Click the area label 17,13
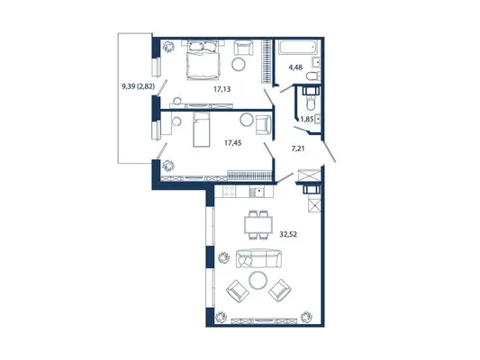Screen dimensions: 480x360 [222, 89]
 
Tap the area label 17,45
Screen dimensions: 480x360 [232, 142]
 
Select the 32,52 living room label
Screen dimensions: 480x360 [288, 235]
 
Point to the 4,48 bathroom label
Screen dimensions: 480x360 [295, 67]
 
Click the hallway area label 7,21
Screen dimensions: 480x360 [298, 149]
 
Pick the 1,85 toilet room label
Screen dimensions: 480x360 [307, 119]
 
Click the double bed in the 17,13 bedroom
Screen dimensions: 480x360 [203, 59]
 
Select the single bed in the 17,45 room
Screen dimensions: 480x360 [202, 130]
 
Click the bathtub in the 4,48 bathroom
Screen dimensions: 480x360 [298, 48]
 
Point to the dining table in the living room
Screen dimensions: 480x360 [258, 225]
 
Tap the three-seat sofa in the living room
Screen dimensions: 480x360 [258, 258]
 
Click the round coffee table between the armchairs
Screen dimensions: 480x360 [258, 280]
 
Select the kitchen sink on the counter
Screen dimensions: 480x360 [258, 192]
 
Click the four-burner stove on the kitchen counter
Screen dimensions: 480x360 [229, 192]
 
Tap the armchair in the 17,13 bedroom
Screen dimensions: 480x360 [244, 48]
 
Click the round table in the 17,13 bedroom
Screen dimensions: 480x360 [238, 64]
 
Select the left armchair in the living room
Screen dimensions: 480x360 [238, 291]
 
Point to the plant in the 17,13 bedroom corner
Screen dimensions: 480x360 [168, 47]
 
